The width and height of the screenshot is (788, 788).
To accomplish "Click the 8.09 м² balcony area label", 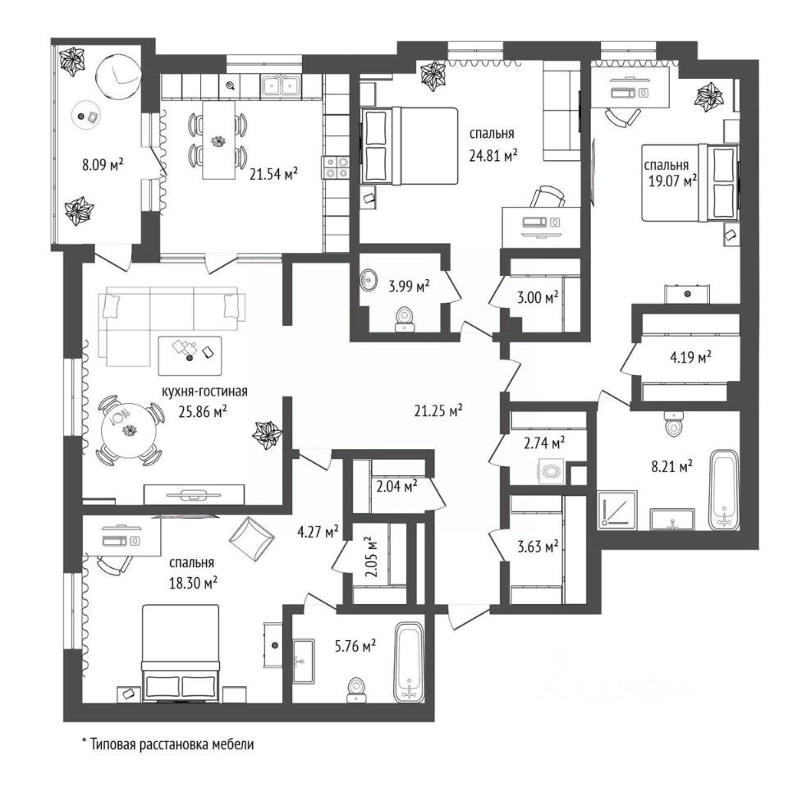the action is [103, 164].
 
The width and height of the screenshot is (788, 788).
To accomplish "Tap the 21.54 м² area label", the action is [274, 174].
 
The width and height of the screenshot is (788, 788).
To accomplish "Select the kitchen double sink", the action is [281, 85].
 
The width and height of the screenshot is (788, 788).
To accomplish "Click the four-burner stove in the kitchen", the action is [336, 167].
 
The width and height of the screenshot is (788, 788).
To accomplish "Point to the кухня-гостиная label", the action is [204, 391].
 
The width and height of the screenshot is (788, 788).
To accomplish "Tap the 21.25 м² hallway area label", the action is [438, 410].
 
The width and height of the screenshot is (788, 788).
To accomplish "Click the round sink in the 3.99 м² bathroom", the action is [370, 280].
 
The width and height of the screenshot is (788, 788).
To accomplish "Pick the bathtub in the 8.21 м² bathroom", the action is [724, 489].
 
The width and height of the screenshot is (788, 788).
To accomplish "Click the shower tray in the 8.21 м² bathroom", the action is [617, 510].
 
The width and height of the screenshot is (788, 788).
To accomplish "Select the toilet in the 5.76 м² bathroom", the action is [357, 689].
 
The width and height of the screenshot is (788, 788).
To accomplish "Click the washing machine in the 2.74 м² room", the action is [552, 472].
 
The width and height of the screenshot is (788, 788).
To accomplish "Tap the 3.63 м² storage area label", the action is [538, 547].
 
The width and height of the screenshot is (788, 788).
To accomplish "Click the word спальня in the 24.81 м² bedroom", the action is [492, 134].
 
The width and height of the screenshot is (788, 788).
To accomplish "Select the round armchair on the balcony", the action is [118, 75].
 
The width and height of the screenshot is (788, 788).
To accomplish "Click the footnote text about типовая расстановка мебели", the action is [168, 744].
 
